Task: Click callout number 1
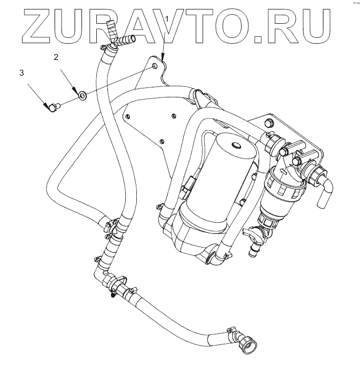pyautogui.click(x=167, y=19)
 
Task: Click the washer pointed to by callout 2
pyautogui.click(x=83, y=95)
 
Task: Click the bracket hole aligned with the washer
pyautogui.click(x=154, y=67)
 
